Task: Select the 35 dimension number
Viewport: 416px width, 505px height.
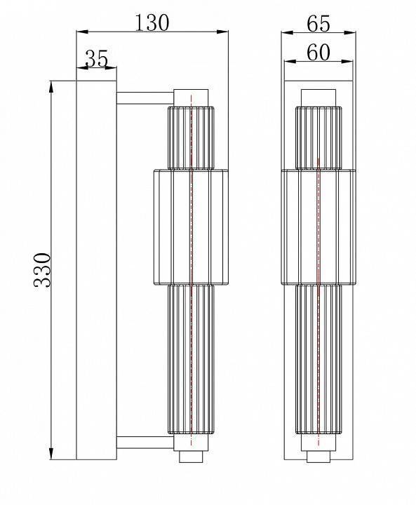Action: (x=96, y=59)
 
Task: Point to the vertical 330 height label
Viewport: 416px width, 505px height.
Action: (x=43, y=270)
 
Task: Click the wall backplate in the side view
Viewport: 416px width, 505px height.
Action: (x=96, y=270)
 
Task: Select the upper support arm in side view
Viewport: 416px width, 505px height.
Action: (x=144, y=98)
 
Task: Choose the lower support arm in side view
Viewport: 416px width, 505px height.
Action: (x=144, y=442)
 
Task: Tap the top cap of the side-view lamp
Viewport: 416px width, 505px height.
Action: (x=191, y=97)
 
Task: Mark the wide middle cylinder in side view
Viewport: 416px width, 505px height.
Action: (x=191, y=228)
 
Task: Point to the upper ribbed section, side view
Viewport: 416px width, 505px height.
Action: (x=191, y=137)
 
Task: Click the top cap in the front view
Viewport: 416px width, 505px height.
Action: (x=318, y=97)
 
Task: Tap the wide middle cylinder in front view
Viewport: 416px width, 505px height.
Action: (x=318, y=228)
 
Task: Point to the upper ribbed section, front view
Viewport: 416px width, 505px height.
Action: (x=318, y=137)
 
